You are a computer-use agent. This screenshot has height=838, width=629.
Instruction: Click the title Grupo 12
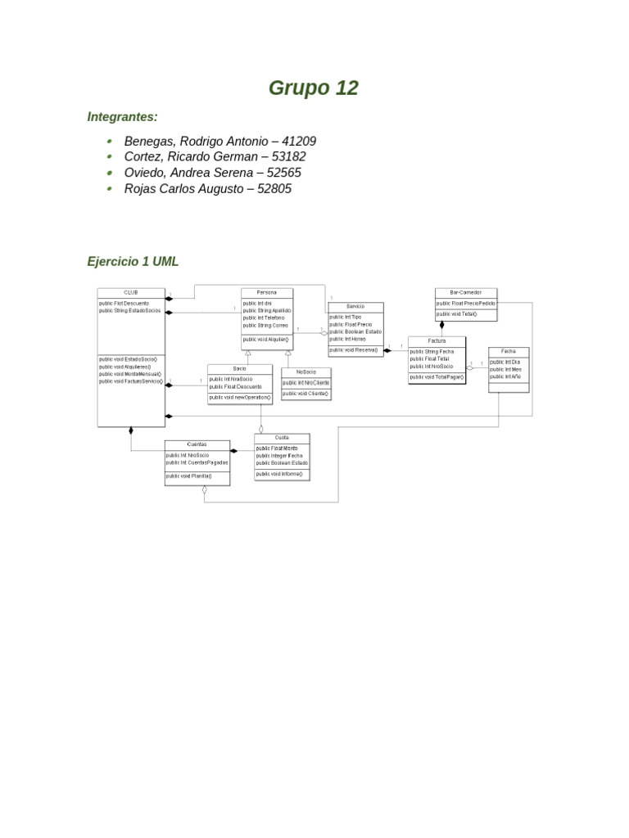(314, 88)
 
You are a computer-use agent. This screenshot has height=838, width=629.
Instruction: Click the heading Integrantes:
(122, 117)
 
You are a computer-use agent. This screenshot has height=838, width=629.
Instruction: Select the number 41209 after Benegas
(298, 142)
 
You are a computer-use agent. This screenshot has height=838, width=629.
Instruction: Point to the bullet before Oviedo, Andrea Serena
(109, 173)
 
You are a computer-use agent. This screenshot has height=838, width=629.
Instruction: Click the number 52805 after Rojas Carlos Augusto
(274, 189)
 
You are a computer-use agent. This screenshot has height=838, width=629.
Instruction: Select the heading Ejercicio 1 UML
(133, 262)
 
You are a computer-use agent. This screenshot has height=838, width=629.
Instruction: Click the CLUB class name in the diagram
(131, 292)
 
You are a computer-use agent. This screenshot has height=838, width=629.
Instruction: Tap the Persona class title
(267, 292)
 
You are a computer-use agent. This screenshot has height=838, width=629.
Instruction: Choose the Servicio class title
(355, 306)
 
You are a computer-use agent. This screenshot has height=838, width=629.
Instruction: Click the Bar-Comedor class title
(465, 292)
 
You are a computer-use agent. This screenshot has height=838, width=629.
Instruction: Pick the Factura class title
(437, 340)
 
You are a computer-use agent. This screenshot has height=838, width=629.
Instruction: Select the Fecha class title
(509, 351)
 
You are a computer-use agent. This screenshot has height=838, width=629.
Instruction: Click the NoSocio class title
(305, 372)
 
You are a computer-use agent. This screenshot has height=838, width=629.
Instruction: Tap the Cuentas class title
(197, 444)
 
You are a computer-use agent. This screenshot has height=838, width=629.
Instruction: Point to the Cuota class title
(282, 438)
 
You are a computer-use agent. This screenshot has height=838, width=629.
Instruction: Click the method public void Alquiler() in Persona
(265, 340)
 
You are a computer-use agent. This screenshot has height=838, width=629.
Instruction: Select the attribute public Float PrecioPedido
(465, 303)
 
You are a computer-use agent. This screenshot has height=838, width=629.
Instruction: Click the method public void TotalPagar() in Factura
(437, 377)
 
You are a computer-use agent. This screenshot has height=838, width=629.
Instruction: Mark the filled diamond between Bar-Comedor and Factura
(442, 324)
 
